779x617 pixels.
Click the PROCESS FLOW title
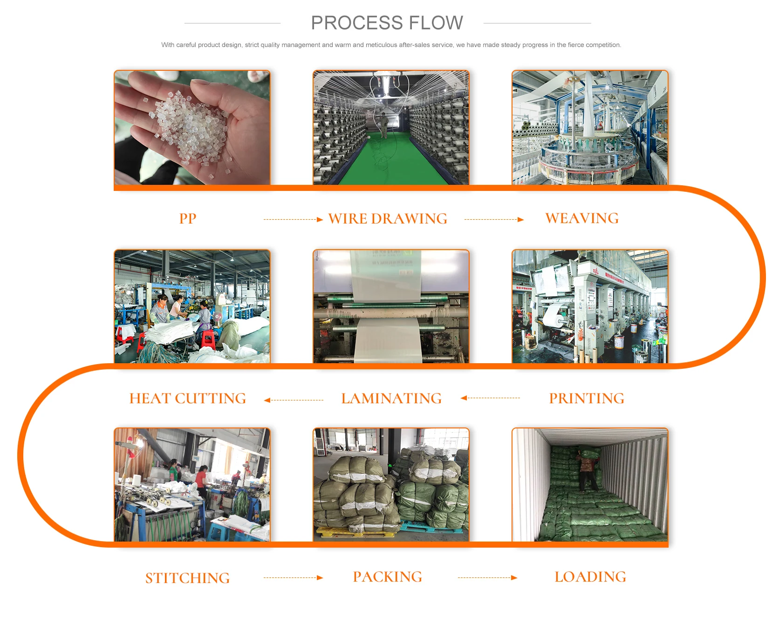click(387, 23)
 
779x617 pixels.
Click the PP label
click(188, 218)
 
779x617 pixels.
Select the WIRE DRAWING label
click(388, 218)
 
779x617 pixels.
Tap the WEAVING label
click(582, 218)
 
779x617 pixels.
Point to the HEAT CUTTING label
click(187, 398)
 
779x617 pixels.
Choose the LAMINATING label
click(391, 398)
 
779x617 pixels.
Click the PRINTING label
click(586, 398)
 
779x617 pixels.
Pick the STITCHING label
click(187, 578)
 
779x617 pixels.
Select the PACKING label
click(388, 576)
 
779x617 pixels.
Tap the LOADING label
click(590, 576)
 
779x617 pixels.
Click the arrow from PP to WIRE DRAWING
click(293, 219)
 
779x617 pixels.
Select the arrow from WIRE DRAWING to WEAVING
click(494, 219)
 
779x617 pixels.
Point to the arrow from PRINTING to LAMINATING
click(490, 398)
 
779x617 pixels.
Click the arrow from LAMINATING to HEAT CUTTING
click(294, 400)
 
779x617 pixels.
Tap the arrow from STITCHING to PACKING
click(293, 577)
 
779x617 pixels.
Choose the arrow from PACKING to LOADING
click(487, 577)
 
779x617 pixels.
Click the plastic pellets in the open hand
click(191, 126)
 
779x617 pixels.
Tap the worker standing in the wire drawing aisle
click(384, 126)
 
